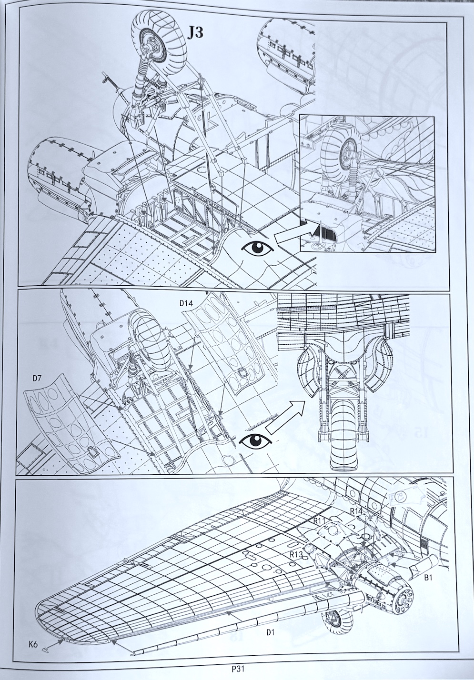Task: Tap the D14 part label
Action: click(x=186, y=303)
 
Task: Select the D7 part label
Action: click(x=37, y=371)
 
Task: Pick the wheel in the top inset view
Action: click(x=342, y=149)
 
